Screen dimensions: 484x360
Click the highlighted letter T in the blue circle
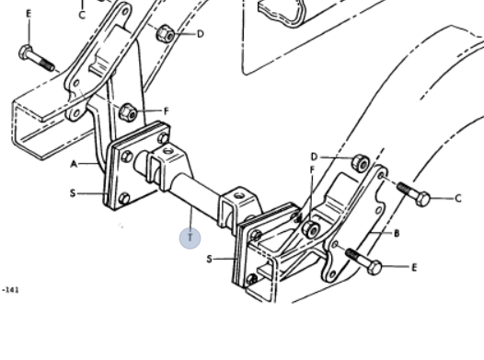click(x=190, y=238)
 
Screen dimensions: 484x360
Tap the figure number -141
click(x=11, y=290)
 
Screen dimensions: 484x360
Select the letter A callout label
click(x=74, y=164)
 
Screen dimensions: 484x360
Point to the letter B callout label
click(x=397, y=234)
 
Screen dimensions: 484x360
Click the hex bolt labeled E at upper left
click(x=37, y=59)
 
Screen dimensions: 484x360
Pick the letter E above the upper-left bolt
click(x=29, y=14)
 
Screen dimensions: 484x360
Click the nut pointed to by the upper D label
click(x=165, y=34)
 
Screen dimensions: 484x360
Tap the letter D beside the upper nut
click(x=201, y=34)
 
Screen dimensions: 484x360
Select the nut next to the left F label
click(x=128, y=112)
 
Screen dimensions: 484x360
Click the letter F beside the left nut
click(x=167, y=110)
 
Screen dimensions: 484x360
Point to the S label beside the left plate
click(x=73, y=193)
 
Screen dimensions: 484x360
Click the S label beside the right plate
click(x=209, y=259)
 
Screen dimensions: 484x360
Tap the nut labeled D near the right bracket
click(x=360, y=163)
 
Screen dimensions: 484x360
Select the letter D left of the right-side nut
click(x=314, y=157)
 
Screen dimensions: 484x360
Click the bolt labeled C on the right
click(x=413, y=194)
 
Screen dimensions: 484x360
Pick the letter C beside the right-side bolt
click(x=458, y=198)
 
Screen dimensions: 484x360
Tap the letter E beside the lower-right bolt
click(x=414, y=267)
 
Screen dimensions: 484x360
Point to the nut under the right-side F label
click(x=310, y=229)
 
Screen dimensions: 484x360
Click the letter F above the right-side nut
click(x=312, y=169)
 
